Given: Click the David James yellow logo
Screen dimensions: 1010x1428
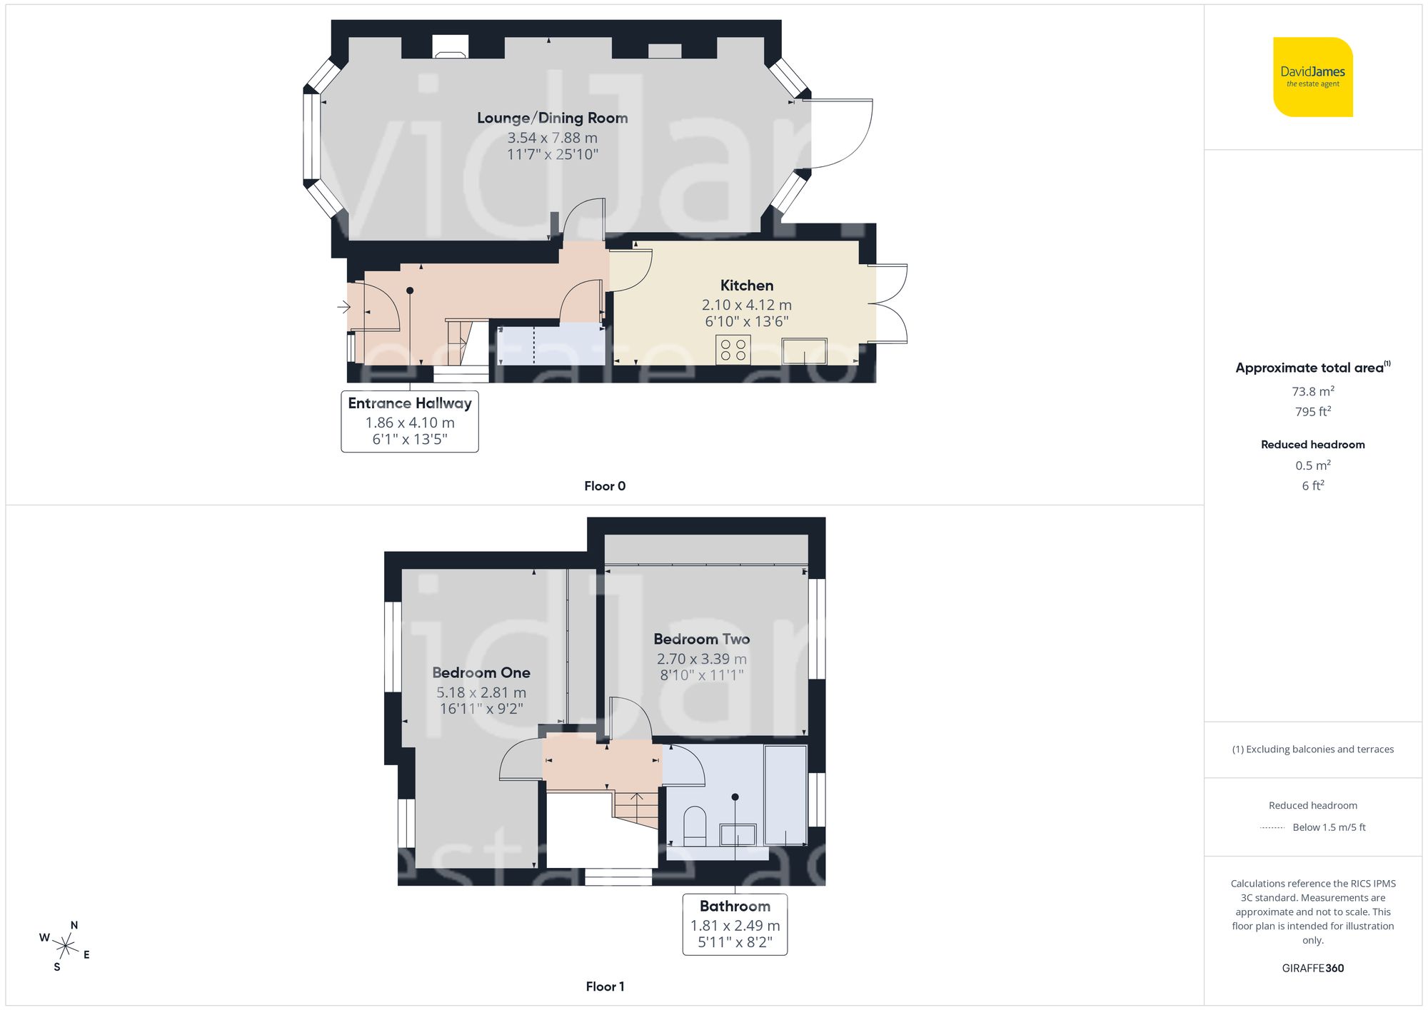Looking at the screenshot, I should click(1312, 77).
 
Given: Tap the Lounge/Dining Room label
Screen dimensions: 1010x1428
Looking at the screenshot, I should click(552, 118).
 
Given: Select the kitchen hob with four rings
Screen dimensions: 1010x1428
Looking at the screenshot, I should click(733, 350).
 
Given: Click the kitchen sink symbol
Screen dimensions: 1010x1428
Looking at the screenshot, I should click(805, 351).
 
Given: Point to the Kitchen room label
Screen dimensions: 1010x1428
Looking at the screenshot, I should click(746, 286).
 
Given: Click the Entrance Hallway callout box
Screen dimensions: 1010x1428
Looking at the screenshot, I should click(410, 421).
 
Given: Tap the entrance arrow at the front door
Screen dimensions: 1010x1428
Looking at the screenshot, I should click(344, 307).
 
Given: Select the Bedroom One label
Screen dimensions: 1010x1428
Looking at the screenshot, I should click(481, 672).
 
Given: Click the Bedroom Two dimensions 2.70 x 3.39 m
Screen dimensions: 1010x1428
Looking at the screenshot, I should click(701, 659).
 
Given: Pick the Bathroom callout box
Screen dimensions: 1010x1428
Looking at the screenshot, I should click(735, 924).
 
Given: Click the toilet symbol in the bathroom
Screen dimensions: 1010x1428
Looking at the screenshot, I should click(695, 826).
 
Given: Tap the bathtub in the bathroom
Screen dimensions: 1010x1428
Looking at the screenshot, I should click(785, 795).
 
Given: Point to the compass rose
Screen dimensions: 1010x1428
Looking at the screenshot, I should click(65, 947).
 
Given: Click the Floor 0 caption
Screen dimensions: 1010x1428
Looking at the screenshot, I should click(605, 486).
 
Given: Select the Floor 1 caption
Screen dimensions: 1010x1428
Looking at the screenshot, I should click(605, 986).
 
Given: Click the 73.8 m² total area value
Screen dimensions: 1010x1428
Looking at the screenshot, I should click(1312, 391).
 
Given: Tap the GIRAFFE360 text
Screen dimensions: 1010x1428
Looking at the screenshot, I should click(1312, 968).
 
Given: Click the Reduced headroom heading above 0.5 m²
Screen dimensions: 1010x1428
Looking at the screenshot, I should click(1312, 444).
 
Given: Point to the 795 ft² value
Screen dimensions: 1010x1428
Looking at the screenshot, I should click(1312, 411).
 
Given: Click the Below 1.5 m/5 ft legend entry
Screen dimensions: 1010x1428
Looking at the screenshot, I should click(1328, 827).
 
